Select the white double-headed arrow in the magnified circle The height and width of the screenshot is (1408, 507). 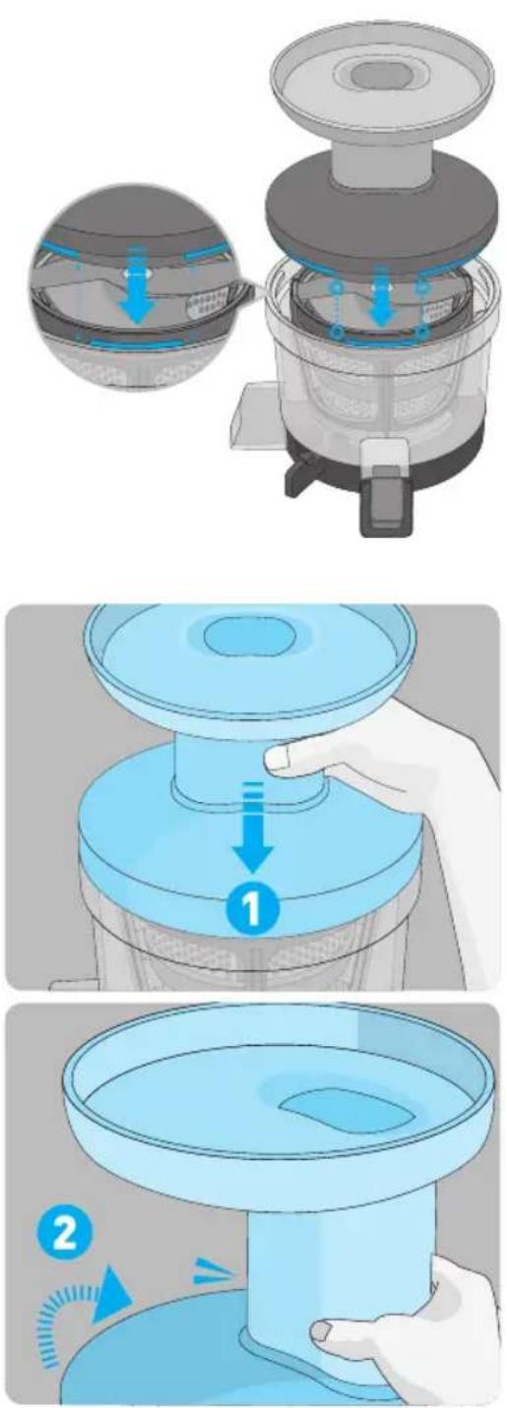[139, 275]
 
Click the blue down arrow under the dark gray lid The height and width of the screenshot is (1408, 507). [379, 295]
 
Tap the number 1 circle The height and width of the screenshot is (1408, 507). [252, 907]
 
